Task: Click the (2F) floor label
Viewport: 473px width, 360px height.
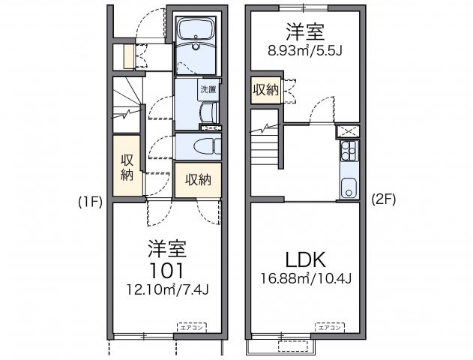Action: (383, 200)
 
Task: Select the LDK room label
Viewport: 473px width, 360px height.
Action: (304, 260)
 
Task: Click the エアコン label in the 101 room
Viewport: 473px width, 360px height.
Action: (189, 327)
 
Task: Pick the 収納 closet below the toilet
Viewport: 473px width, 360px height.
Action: (198, 179)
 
